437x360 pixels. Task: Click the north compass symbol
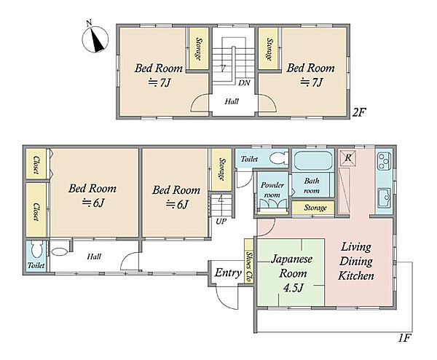click(95, 39)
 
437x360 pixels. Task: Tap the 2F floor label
click(359, 112)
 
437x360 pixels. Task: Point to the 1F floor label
click(404, 338)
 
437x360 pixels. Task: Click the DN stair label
click(244, 83)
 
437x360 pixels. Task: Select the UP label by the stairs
click(221, 222)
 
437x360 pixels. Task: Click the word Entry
click(228, 273)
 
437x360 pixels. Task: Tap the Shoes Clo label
click(249, 266)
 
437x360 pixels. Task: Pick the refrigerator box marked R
click(348, 157)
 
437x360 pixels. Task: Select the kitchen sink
click(384, 198)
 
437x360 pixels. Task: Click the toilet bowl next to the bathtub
click(279, 158)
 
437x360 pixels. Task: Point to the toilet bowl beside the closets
click(36, 250)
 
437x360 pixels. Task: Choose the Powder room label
click(272, 190)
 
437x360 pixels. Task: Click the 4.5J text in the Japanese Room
click(293, 288)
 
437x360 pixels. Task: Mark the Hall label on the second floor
click(232, 101)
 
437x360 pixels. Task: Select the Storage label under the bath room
click(315, 208)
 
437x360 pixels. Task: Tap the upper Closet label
click(36, 165)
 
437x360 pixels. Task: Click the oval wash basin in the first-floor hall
click(60, 252)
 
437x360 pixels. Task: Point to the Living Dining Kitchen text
click(356, 262)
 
